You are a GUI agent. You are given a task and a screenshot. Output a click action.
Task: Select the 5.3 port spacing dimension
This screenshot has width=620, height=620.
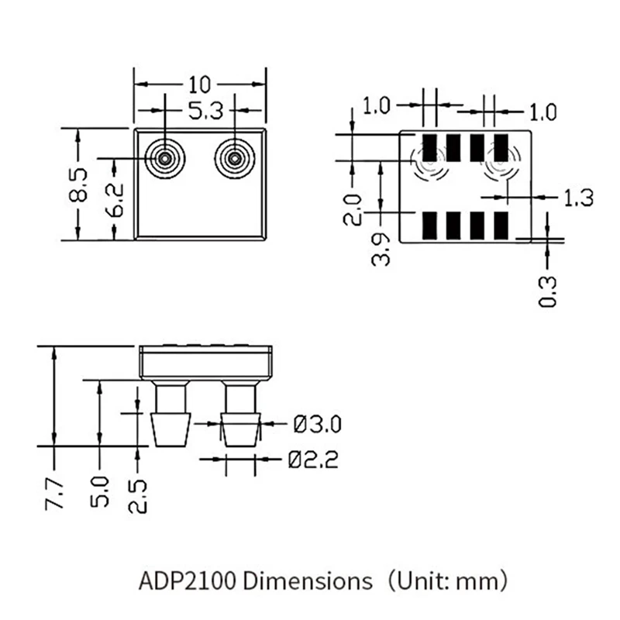point(205,111)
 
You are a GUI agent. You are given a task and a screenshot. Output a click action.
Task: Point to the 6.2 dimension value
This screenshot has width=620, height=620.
point(115,200)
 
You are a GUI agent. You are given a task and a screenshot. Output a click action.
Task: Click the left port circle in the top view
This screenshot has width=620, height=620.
point(164,159)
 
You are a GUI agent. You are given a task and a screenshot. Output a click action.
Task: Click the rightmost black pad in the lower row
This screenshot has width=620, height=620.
point(501,225)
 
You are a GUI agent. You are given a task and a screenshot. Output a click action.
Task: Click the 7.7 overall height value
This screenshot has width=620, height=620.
point(54,494)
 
